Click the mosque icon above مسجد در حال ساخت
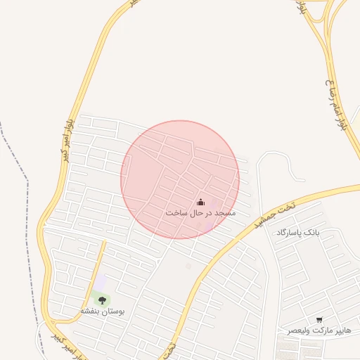(x=200, y=202)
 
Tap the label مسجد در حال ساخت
(x=200, y=212)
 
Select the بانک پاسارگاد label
(x=297, y=232)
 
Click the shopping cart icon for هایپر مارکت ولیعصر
(x=320, y=320)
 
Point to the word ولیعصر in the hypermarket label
(x=299, y=330)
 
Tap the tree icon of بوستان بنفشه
(x=102, y=300)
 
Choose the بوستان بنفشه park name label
(x=102, y=311)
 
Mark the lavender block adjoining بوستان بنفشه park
(x=102, y=282)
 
